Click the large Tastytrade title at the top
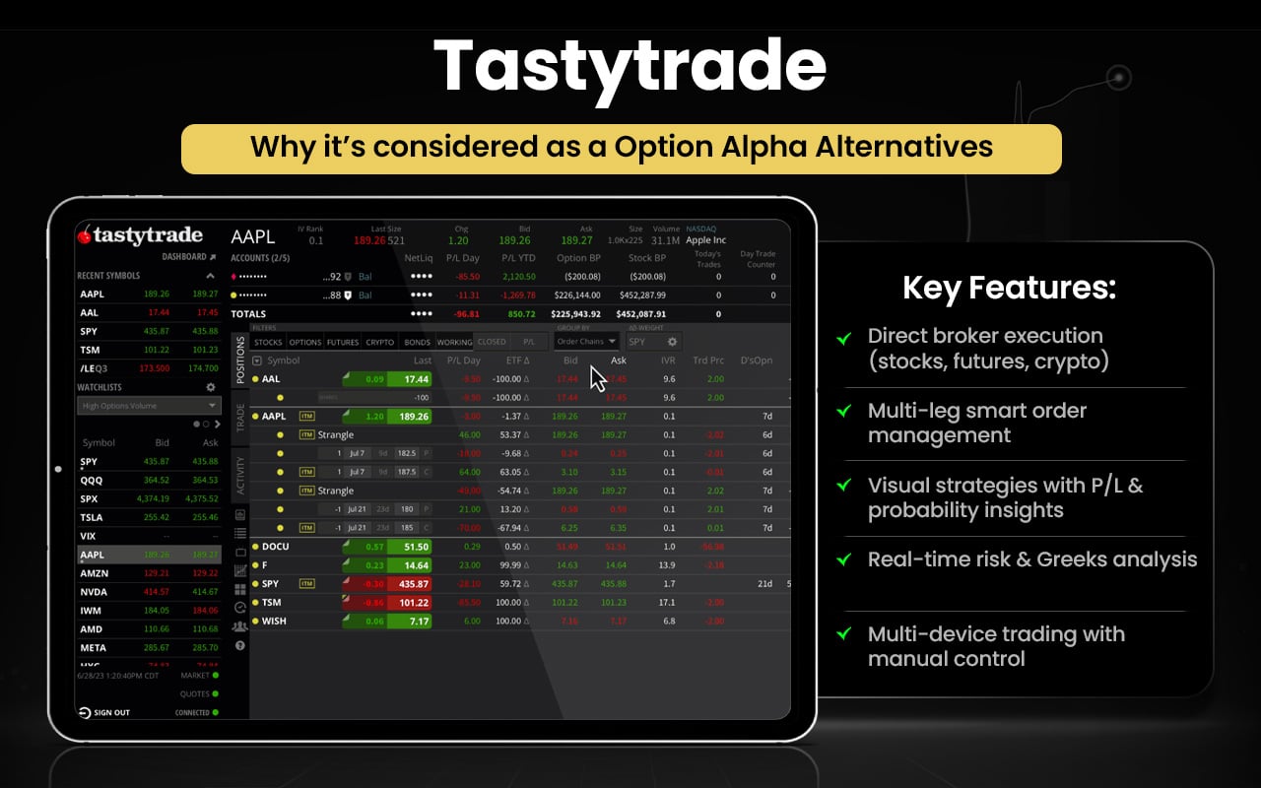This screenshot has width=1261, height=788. tap(630, 67)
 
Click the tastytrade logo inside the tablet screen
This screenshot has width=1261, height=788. tap(140, 236)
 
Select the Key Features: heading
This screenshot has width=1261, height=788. tap(1009, 288)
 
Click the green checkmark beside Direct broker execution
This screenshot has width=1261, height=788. tap(844, 338)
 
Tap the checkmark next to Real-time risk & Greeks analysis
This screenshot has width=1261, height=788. tap(844, 559)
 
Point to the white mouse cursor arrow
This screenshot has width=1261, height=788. tap(598, 378)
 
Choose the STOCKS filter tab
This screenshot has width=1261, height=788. tap(268, 343)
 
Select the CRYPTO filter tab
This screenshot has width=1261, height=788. tap(379, 343)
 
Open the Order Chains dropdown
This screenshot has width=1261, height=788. tap(586, 342)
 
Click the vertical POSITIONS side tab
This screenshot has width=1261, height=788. tap(239, 360)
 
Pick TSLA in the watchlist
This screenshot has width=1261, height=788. tap(92, 517)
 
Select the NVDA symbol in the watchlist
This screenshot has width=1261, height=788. tap(94, 592)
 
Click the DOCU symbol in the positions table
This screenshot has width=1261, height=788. tap(276, 547)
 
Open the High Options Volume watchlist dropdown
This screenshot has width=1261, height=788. tap(149, 406)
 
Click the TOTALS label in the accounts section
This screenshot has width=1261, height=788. tap(248, 314)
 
